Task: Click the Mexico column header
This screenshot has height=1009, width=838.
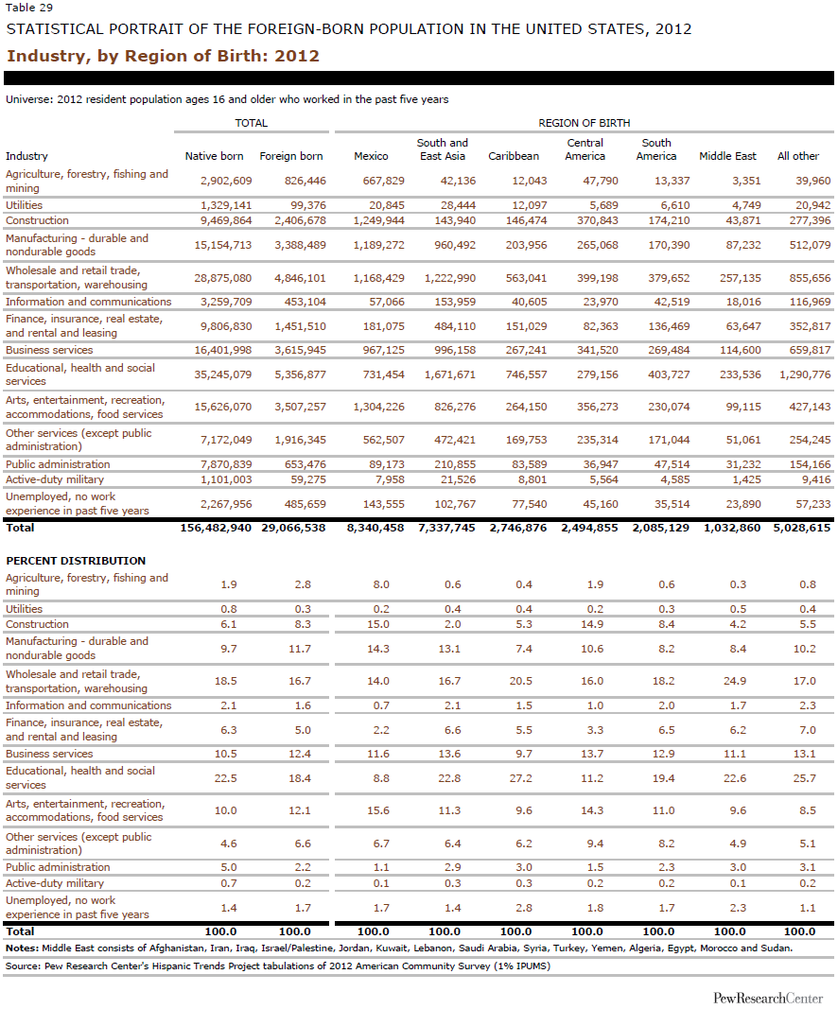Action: [x=371, y=156]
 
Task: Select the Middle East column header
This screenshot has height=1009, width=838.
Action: [x=727, y=156]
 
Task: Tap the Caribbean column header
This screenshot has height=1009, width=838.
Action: [x=514, y=156]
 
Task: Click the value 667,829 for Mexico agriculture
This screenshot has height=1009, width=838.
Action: [x=378, y=181]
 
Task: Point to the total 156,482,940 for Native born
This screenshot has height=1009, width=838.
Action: [x=216, y=527]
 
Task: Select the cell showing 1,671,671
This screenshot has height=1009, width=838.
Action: [x=449, y=374]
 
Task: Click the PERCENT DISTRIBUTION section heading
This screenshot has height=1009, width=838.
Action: [x=76, y=561]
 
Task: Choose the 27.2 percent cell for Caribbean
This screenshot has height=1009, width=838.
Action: [x=524, y=778]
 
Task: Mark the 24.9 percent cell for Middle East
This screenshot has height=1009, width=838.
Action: [x=738, y=681]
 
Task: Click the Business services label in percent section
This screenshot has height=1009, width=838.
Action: [x=49, y=754]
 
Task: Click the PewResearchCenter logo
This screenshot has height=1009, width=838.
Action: [x=768, y=999]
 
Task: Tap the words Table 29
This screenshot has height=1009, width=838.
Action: [x=26, y=9]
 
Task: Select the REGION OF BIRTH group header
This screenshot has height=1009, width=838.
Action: [x=584, y=123]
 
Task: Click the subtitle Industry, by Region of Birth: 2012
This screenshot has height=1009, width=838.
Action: [x=163, y=56]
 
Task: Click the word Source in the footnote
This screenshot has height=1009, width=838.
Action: [x=24, y=966]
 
